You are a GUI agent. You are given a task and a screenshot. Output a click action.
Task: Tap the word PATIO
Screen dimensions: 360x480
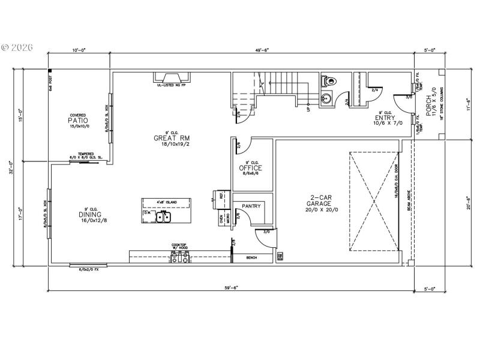78,120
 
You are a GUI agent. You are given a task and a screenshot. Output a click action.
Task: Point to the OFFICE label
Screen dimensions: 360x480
251,168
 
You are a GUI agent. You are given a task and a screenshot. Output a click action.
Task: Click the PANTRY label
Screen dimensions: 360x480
251,206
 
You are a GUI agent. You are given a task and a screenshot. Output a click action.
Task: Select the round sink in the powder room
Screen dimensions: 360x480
328,98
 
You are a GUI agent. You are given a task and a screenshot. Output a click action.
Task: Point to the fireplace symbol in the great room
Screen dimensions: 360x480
171,77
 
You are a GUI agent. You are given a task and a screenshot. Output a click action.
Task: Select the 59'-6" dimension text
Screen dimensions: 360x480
232,288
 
